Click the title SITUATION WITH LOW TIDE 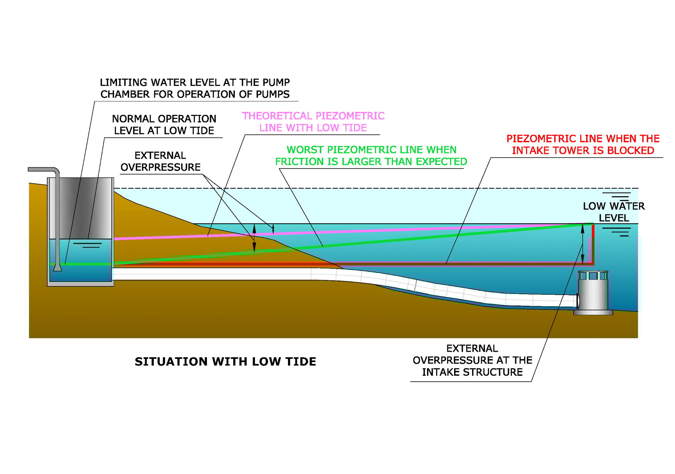click(x=225, y=361)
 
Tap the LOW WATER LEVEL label click(x=613, y=212)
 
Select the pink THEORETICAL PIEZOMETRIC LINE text click(x=313, y=122)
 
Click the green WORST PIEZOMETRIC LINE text click(x=371, y=155)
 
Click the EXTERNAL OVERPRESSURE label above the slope click(x=160, y=161)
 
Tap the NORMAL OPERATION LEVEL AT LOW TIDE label click(x=164, y=125)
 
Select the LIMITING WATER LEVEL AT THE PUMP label click(x=195, y=88)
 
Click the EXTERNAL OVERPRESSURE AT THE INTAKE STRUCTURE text click(x=472, y=360)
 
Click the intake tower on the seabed click(x=593, y=291)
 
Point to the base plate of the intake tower click(x=593, y=312)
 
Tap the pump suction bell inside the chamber click(x=57, y=267)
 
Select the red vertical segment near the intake click(x=593, y=244)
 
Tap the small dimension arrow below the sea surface click(x=273, y=229)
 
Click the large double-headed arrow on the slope click(x=254, y=238)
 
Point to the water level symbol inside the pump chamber click(x=88, y=245)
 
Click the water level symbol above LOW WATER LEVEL click(x=616, y=196)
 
